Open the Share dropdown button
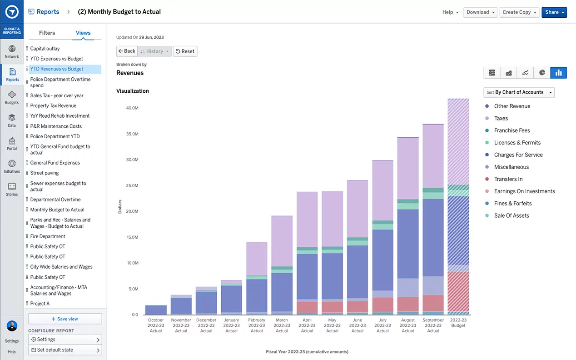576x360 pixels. click(554, 12)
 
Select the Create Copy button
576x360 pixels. click(519, 12)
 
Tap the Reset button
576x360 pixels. click(185, 51)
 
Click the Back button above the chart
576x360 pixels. click(127, 51)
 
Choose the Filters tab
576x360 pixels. click(47, 33)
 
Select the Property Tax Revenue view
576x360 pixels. click(53, 105)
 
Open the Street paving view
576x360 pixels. click(45, 173)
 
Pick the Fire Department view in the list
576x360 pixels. click(48, 236)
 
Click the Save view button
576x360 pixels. click(65, 319)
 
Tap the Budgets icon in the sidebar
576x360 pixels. click(12, 97)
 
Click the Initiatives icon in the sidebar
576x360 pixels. click(12, 166)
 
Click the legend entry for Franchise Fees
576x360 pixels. click(512, 130)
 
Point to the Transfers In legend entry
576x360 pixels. click(508, 179)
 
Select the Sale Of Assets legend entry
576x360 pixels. click(511, 215)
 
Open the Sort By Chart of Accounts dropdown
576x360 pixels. click(519, 92)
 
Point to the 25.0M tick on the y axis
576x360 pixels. click(132, 185)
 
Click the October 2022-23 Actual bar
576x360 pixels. click(156, 310)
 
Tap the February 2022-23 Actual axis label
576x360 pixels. click(257, 325)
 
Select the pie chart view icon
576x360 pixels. click(542, 73)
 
